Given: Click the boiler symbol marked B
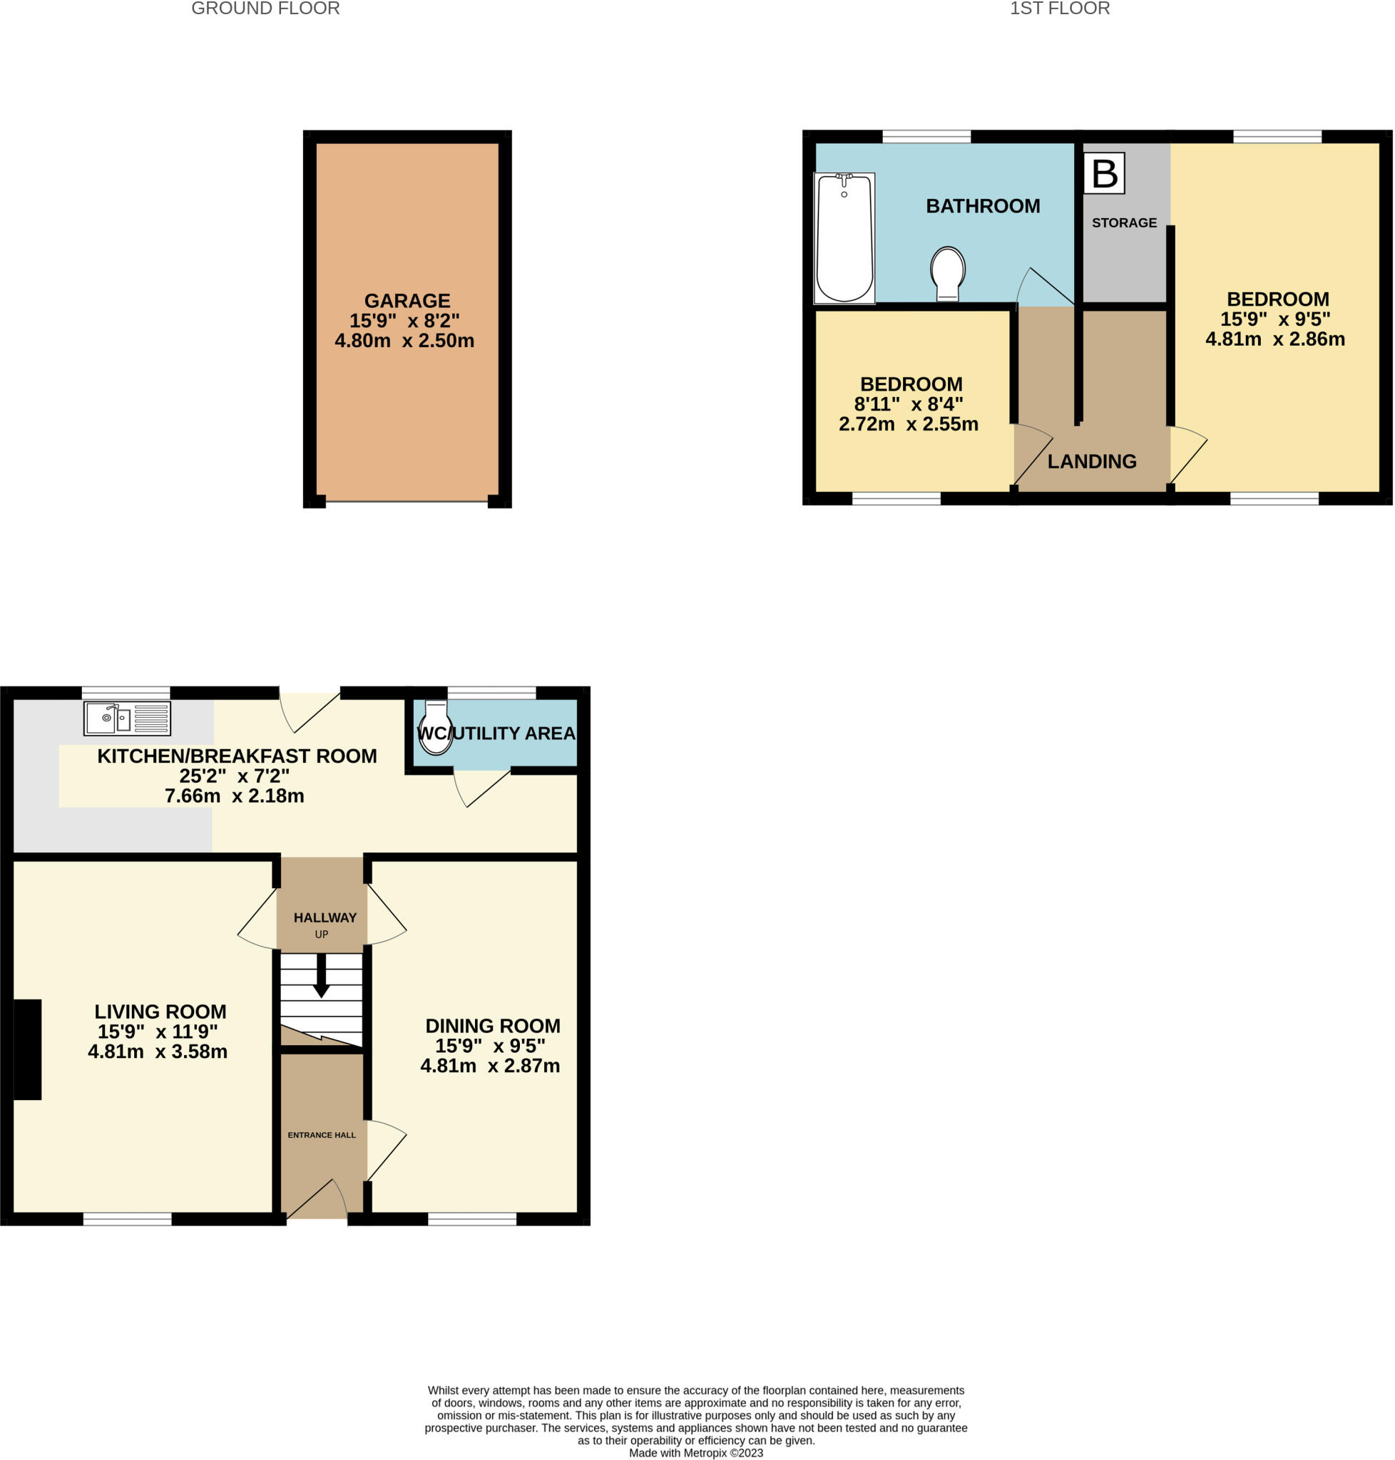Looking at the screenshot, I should pyautogui.click(x=1103, y=173).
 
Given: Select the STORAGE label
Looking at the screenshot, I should pyautogui.click(x=1123, y=222).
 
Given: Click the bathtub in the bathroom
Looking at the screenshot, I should pyautogui.click(x=844, y=238).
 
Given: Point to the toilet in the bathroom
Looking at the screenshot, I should pyautogui.click(x=947, y=273).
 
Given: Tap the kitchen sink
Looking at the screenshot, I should pyautogui.click(x=127, y=718).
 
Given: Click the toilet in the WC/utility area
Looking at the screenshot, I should pyautogui.click(x=435, y=727).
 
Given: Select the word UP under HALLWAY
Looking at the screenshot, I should pyautogui.click(x=321, y=935).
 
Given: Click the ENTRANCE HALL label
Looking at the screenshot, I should pyautogui.click(x=321, y=1135).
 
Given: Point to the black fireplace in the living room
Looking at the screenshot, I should pyautogui.click(x=28, y=1049).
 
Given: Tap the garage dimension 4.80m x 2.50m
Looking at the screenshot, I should pyautogui.click(x=404, y=341).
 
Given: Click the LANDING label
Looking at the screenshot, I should pyautogui.click(x=1092, y=462).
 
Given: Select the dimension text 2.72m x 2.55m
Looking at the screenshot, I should pyautogui.click(x=908, y=423).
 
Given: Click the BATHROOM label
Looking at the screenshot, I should pyautogui.click(x=982, y=206).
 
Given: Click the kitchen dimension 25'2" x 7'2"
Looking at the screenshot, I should pyautogui.click(x=234, y=776).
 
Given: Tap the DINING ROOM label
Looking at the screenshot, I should pyautogui.click(x=492, y=1026).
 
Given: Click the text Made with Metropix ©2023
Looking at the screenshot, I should pyautogui.click(x=695, y=1453).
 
